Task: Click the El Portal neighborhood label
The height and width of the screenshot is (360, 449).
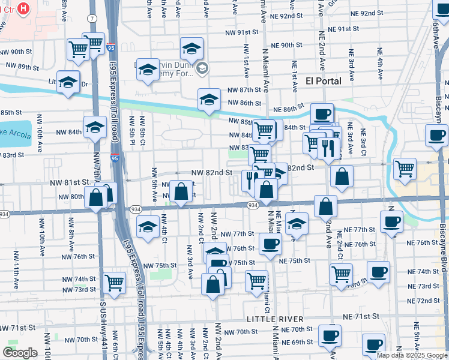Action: pyautogui.click(x=323, y=80)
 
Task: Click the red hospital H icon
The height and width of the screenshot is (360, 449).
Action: pyautogui.click(x=23, y=8)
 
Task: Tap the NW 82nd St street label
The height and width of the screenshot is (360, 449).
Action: pyautogui.click(x=211, y=172)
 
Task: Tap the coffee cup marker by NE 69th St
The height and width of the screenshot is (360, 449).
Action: pyautogui.click(x=330, y=334)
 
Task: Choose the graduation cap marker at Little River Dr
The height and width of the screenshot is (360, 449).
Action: pyautogui.click(x=68, y=82)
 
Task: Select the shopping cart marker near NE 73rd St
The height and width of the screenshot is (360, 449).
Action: pyautogui.click(x=341, y=274)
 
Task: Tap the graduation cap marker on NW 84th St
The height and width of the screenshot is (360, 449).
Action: pyautogui.click(x=94, y=127)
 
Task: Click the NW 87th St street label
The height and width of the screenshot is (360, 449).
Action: pyautogui.click(x=244, y=89)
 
